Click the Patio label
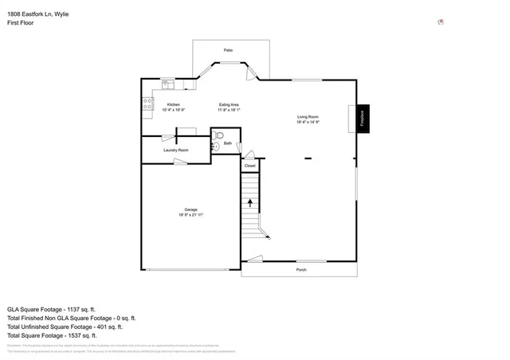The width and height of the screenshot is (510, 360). coord(228,50)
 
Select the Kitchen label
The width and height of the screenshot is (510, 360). coord(173,104)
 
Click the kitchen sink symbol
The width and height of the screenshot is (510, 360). coord(167,82)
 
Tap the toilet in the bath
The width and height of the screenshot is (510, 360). coord(221,135)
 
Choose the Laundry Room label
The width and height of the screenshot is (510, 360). coord(175,150)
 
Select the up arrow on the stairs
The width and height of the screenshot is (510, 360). coord(251,203)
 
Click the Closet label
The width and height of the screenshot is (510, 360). coord(249,166)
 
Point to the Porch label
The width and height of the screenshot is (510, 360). coord(301,270)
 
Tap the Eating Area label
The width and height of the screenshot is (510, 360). coord(229,104)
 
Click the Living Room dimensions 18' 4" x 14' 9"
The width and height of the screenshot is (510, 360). coord(308,123)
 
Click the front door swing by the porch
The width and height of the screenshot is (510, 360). coord(254,258)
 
